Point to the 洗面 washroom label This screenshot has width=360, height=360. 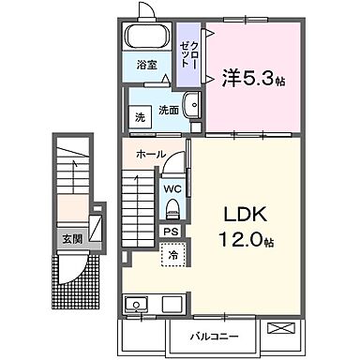(169, 111)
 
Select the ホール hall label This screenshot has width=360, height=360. (150, 154)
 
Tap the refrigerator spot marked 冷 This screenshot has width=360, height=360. (172, 253)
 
